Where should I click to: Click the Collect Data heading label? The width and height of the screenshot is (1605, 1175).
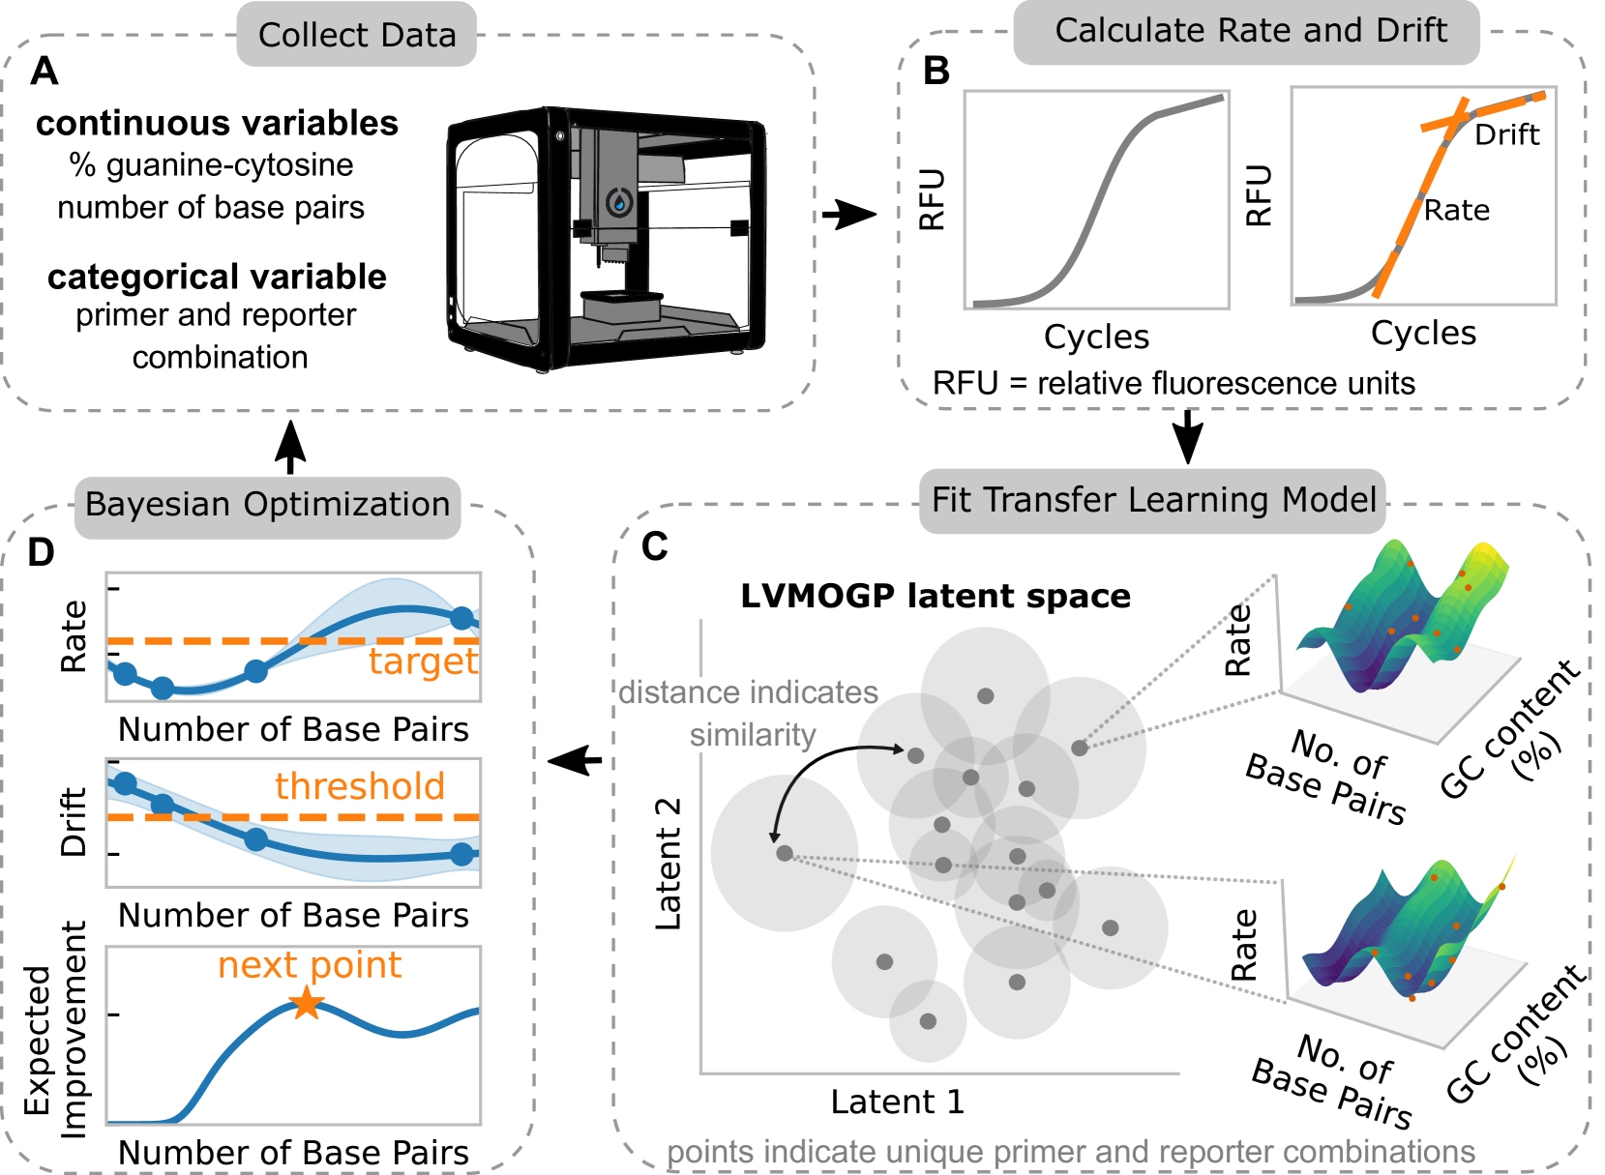(357, 35)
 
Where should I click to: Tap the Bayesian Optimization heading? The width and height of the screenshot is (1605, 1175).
(267, 505)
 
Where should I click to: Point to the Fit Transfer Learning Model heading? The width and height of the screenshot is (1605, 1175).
(1153, 500)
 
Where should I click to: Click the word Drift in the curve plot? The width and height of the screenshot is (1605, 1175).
(1506, 134)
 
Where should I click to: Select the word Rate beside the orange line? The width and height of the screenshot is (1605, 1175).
(1456, 210)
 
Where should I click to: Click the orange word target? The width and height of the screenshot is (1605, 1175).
(423, 661)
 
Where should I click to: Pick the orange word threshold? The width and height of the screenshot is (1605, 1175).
(360, 786)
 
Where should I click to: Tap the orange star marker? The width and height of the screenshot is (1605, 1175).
(307, 1003)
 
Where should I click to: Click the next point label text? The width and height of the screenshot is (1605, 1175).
(310, 965)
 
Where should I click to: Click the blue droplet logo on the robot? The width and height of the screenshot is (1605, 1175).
(619, 203)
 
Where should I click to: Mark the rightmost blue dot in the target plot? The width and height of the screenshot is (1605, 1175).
(462, 618)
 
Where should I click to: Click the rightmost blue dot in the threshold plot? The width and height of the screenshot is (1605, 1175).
(462, 854)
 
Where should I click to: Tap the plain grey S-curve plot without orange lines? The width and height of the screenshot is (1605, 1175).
(1096, 200)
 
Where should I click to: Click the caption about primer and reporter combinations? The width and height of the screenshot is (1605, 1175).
(1071, 1152)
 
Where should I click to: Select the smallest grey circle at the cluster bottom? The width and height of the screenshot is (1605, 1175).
(927, 1021)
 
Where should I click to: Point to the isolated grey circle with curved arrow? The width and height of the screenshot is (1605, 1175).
(784, 853)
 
